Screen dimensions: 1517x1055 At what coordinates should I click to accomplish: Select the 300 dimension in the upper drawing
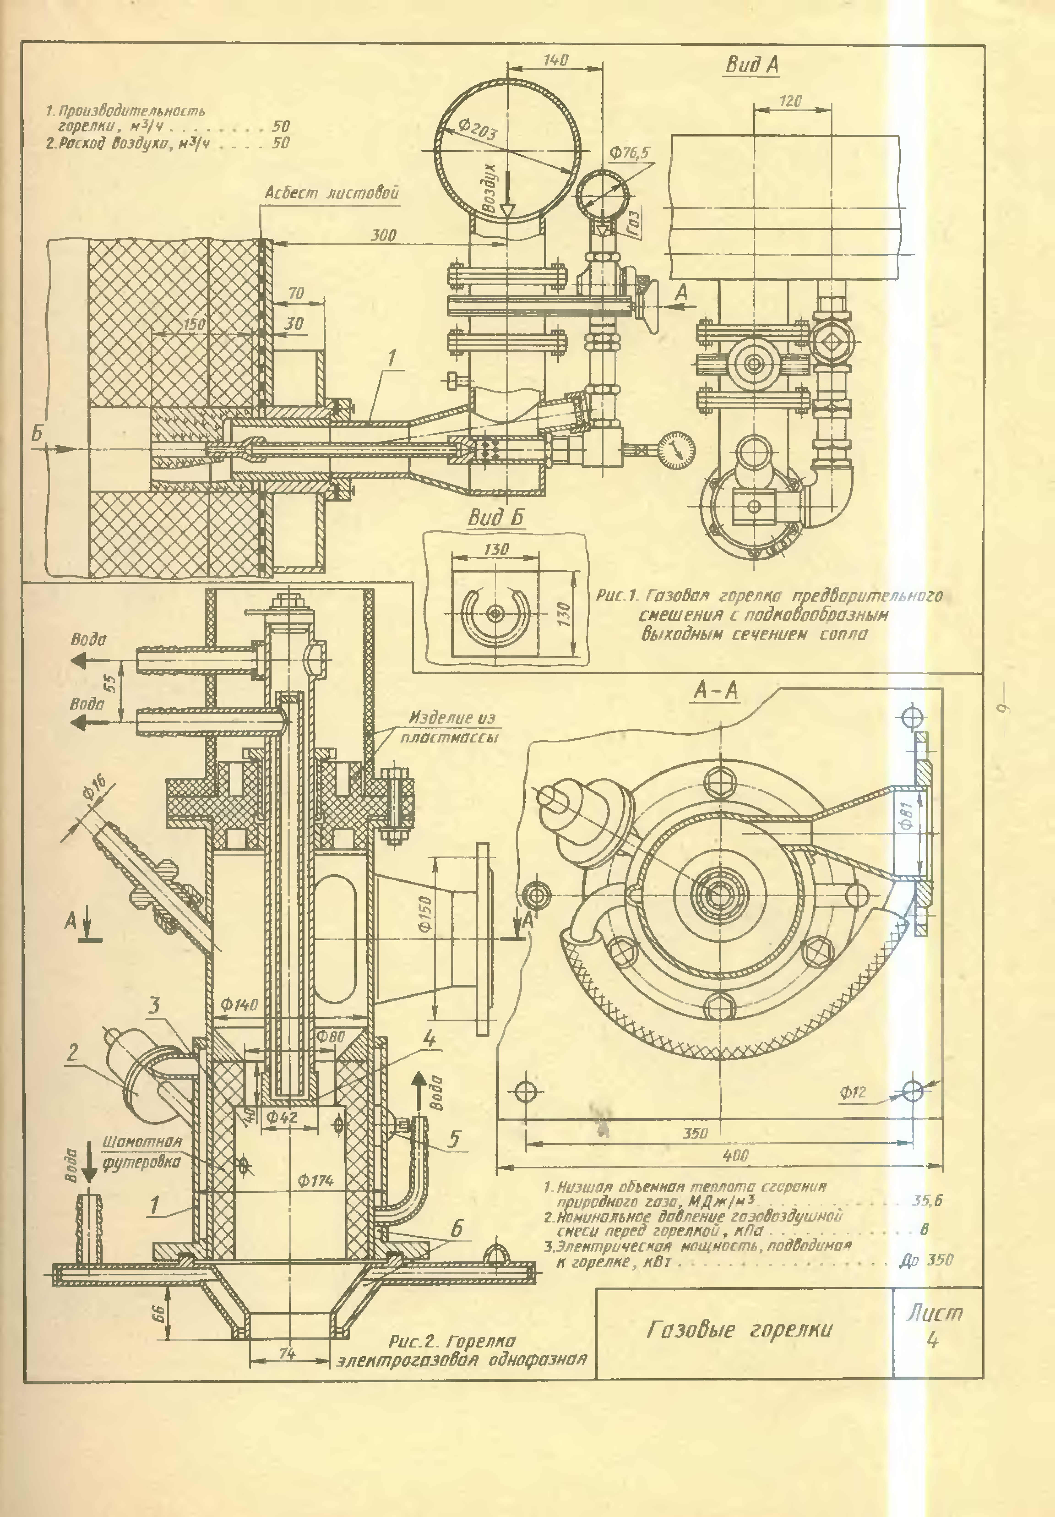pyautogui.click(x=383, y=235)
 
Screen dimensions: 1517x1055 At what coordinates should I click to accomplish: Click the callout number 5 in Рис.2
pyautogui.click(x=454, y=1139)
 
